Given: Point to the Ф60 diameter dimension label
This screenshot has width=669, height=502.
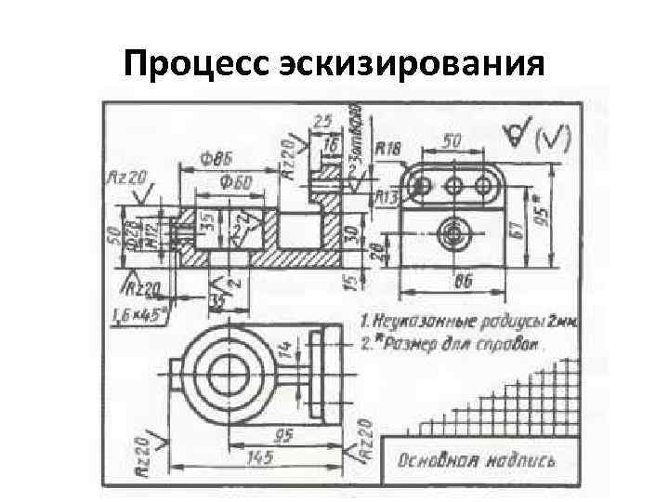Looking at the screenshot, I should click(234, 181).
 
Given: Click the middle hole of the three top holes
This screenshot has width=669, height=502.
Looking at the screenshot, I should click(454, 186).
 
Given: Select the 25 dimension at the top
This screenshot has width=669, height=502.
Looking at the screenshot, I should click(322, 121).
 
